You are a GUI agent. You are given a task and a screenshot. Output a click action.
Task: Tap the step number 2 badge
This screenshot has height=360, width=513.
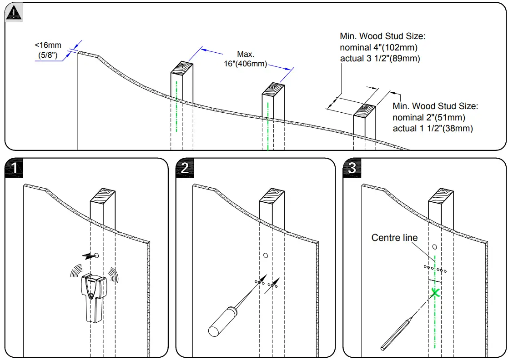[x=185, y=168]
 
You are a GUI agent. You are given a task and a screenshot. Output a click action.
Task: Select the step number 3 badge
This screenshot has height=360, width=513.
[x=352, y=168]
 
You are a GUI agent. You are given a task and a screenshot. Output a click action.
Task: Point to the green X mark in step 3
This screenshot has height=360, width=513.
[x=435, y=293]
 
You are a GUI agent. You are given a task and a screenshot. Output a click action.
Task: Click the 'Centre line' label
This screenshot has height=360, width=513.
[x=394, y=238]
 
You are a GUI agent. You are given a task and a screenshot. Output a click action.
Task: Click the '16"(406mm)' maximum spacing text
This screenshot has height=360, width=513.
[x=245, y=64]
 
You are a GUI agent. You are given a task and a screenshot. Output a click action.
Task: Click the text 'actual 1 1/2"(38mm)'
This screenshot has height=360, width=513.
[x=433, y=129]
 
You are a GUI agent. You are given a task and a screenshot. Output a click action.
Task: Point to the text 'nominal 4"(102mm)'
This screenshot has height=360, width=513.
[x=378, y=47]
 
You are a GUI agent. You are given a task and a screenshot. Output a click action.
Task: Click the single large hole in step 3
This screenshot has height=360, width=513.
[x=435, y=247]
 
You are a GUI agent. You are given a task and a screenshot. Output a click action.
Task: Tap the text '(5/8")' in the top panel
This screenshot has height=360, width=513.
[x=48, y=56]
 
